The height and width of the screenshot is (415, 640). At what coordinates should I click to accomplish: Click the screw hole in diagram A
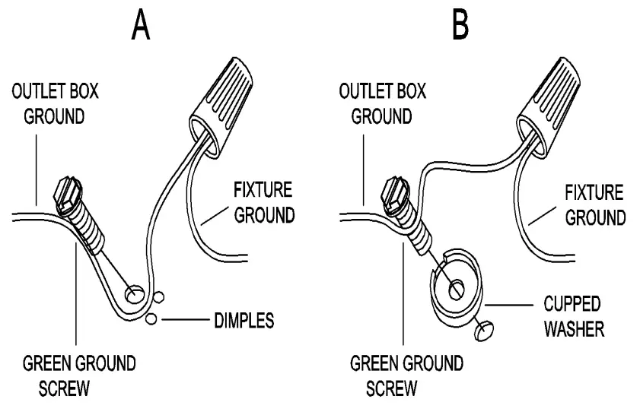pos(133,292)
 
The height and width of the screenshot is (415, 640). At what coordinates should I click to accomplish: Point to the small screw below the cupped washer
pos(484,329)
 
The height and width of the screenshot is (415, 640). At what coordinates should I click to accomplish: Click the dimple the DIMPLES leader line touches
pos(152,318)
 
